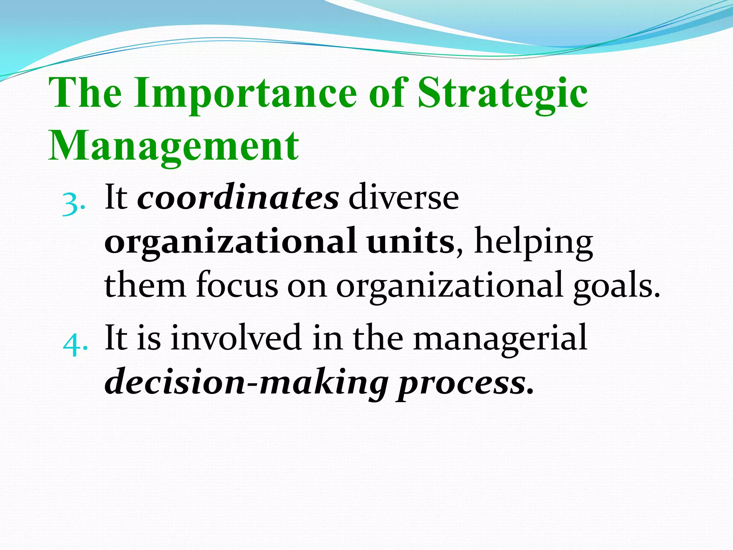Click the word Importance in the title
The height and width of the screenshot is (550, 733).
[246, 94]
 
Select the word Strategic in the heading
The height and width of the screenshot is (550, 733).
[503, 94]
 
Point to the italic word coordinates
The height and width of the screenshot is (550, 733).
[238, 198]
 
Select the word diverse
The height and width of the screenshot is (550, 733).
[403, 198]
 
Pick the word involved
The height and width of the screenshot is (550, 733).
[236, 337]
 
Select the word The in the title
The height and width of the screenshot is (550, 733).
[85, 94]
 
